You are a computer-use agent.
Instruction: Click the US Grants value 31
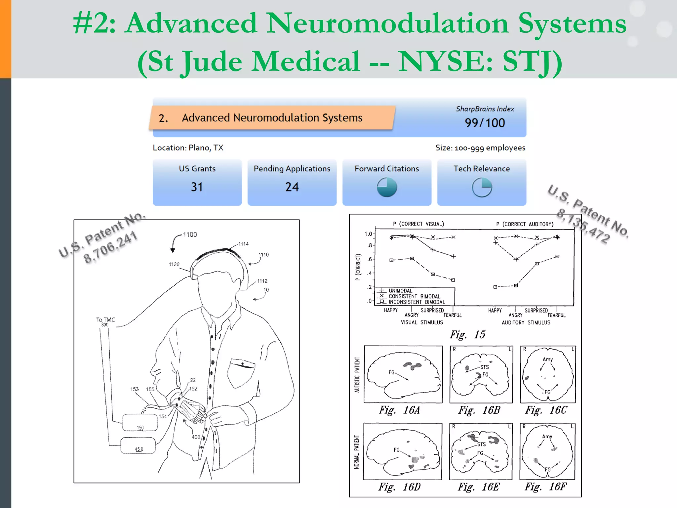click(x=197, y=187)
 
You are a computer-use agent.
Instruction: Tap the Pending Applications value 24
click(x=292, y=187)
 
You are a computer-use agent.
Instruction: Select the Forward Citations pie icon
click(x=387, y=187)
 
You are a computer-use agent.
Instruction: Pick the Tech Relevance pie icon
click(x=482, y=187)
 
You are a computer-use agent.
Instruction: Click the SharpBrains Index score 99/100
click(x=485, y=123)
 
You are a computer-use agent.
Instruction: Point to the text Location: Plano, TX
click(x=188, y=148)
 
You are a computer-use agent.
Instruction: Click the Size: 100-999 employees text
click(x=480, y=148)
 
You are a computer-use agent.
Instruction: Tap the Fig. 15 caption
click(x=467, y=335)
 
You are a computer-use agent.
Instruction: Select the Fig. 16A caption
click(x=399, y=410)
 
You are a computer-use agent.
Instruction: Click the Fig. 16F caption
click(x=545, y=487)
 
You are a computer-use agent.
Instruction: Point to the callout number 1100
click(x=190, y=234)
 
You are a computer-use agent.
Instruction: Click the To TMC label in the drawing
click(x=105, y=320)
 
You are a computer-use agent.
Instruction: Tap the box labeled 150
click(x=140, y=423)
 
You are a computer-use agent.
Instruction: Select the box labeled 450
click(x=138, y=445)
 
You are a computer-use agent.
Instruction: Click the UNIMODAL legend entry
click(x=400, y=291)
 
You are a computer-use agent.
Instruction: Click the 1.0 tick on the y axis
click(x=368, y=234)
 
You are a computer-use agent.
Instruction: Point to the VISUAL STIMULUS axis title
click(x=422, y=322)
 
